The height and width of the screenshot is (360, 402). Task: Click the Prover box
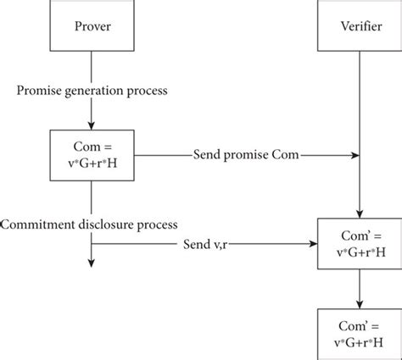92,25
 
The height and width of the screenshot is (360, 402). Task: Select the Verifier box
360,25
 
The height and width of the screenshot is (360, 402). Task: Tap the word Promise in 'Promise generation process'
39,91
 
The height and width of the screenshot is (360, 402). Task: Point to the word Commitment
37,224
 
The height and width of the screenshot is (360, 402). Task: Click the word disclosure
106,224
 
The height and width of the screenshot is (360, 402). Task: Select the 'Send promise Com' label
246,155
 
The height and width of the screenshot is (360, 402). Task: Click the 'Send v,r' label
205,244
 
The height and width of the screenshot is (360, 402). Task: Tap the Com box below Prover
92,155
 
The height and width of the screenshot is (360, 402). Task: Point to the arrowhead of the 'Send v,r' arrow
313,244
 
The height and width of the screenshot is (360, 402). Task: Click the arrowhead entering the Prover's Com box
91,125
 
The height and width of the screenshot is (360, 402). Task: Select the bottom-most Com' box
360,335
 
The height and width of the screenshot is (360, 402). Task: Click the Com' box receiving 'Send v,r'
360,244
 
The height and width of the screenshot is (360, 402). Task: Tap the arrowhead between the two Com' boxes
360,304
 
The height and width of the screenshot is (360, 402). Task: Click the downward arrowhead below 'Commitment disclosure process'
91,263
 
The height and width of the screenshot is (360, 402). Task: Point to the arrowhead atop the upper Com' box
360,214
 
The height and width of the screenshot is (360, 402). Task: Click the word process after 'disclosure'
157,225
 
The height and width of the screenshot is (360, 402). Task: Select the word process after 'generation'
147,91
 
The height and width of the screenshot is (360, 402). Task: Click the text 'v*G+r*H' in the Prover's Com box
92,163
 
